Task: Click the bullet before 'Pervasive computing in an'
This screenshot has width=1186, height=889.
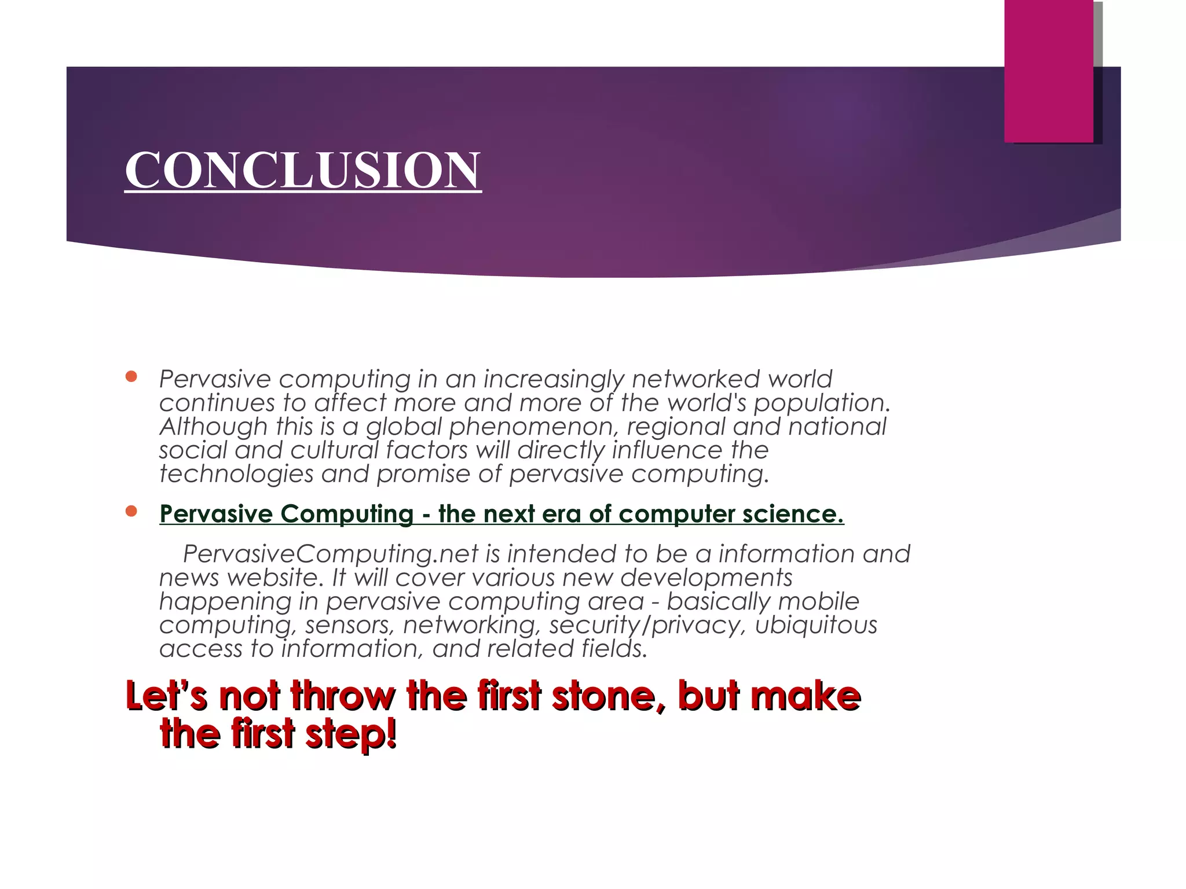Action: pos(131,377)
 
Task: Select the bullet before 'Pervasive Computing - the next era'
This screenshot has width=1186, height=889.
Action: pos(131,511)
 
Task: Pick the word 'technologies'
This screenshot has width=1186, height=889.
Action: pos(236,474)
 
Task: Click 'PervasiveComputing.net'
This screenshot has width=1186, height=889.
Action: pos(331,554)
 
